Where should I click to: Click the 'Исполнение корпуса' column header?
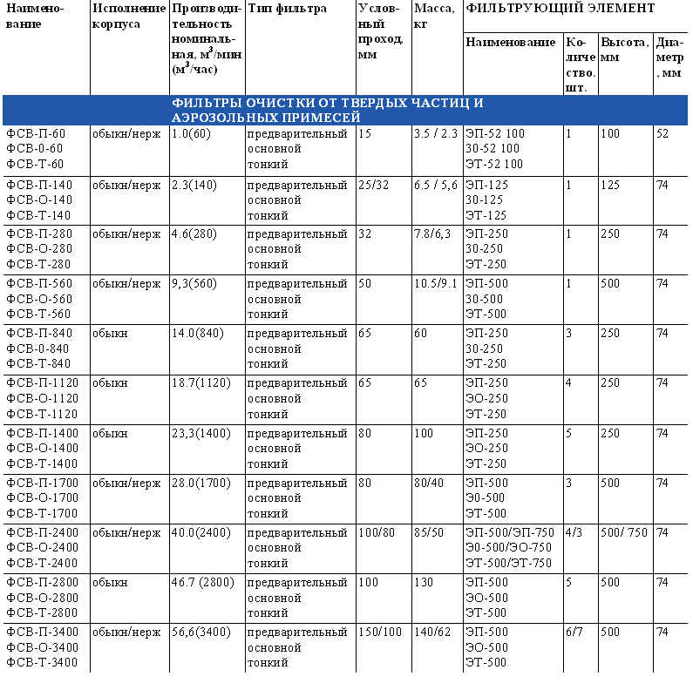127,17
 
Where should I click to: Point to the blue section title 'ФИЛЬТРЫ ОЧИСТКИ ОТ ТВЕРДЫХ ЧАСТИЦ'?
327,103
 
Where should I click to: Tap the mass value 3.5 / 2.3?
436,134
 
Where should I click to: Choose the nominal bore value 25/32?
374,185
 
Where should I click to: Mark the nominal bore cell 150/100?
380,632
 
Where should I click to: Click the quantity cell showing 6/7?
574,632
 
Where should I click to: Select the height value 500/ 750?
624,532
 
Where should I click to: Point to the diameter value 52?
662,134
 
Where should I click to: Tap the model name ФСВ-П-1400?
42,432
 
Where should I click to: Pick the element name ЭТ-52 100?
493,164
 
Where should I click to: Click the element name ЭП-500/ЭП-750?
510,532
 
